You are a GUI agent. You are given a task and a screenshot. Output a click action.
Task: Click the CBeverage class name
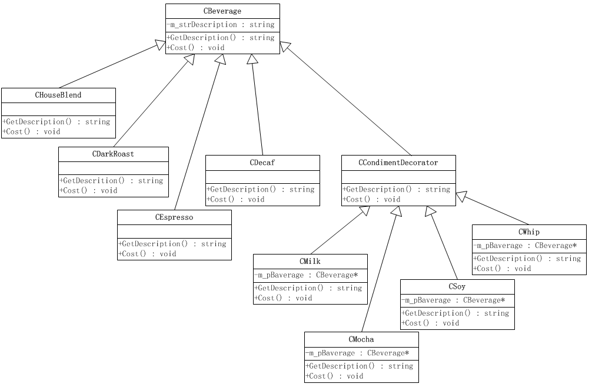222,11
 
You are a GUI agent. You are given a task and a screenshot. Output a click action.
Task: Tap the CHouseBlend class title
58,95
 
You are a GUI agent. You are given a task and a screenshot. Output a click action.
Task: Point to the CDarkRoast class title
113,154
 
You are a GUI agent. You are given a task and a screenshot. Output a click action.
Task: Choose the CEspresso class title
174,217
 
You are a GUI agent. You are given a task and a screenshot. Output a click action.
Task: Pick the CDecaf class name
262,163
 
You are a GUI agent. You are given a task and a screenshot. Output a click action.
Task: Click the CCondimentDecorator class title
398,163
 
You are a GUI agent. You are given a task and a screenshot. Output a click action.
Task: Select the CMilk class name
310,262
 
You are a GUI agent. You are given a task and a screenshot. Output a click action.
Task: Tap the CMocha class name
361,339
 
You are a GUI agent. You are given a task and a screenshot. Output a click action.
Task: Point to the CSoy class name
457,287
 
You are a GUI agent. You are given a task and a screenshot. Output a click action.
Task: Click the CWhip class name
529,232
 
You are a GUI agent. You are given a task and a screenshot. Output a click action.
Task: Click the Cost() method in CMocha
334,376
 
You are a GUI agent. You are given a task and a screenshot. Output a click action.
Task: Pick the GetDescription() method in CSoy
455,313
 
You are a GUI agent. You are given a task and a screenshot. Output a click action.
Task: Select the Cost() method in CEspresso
148,254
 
